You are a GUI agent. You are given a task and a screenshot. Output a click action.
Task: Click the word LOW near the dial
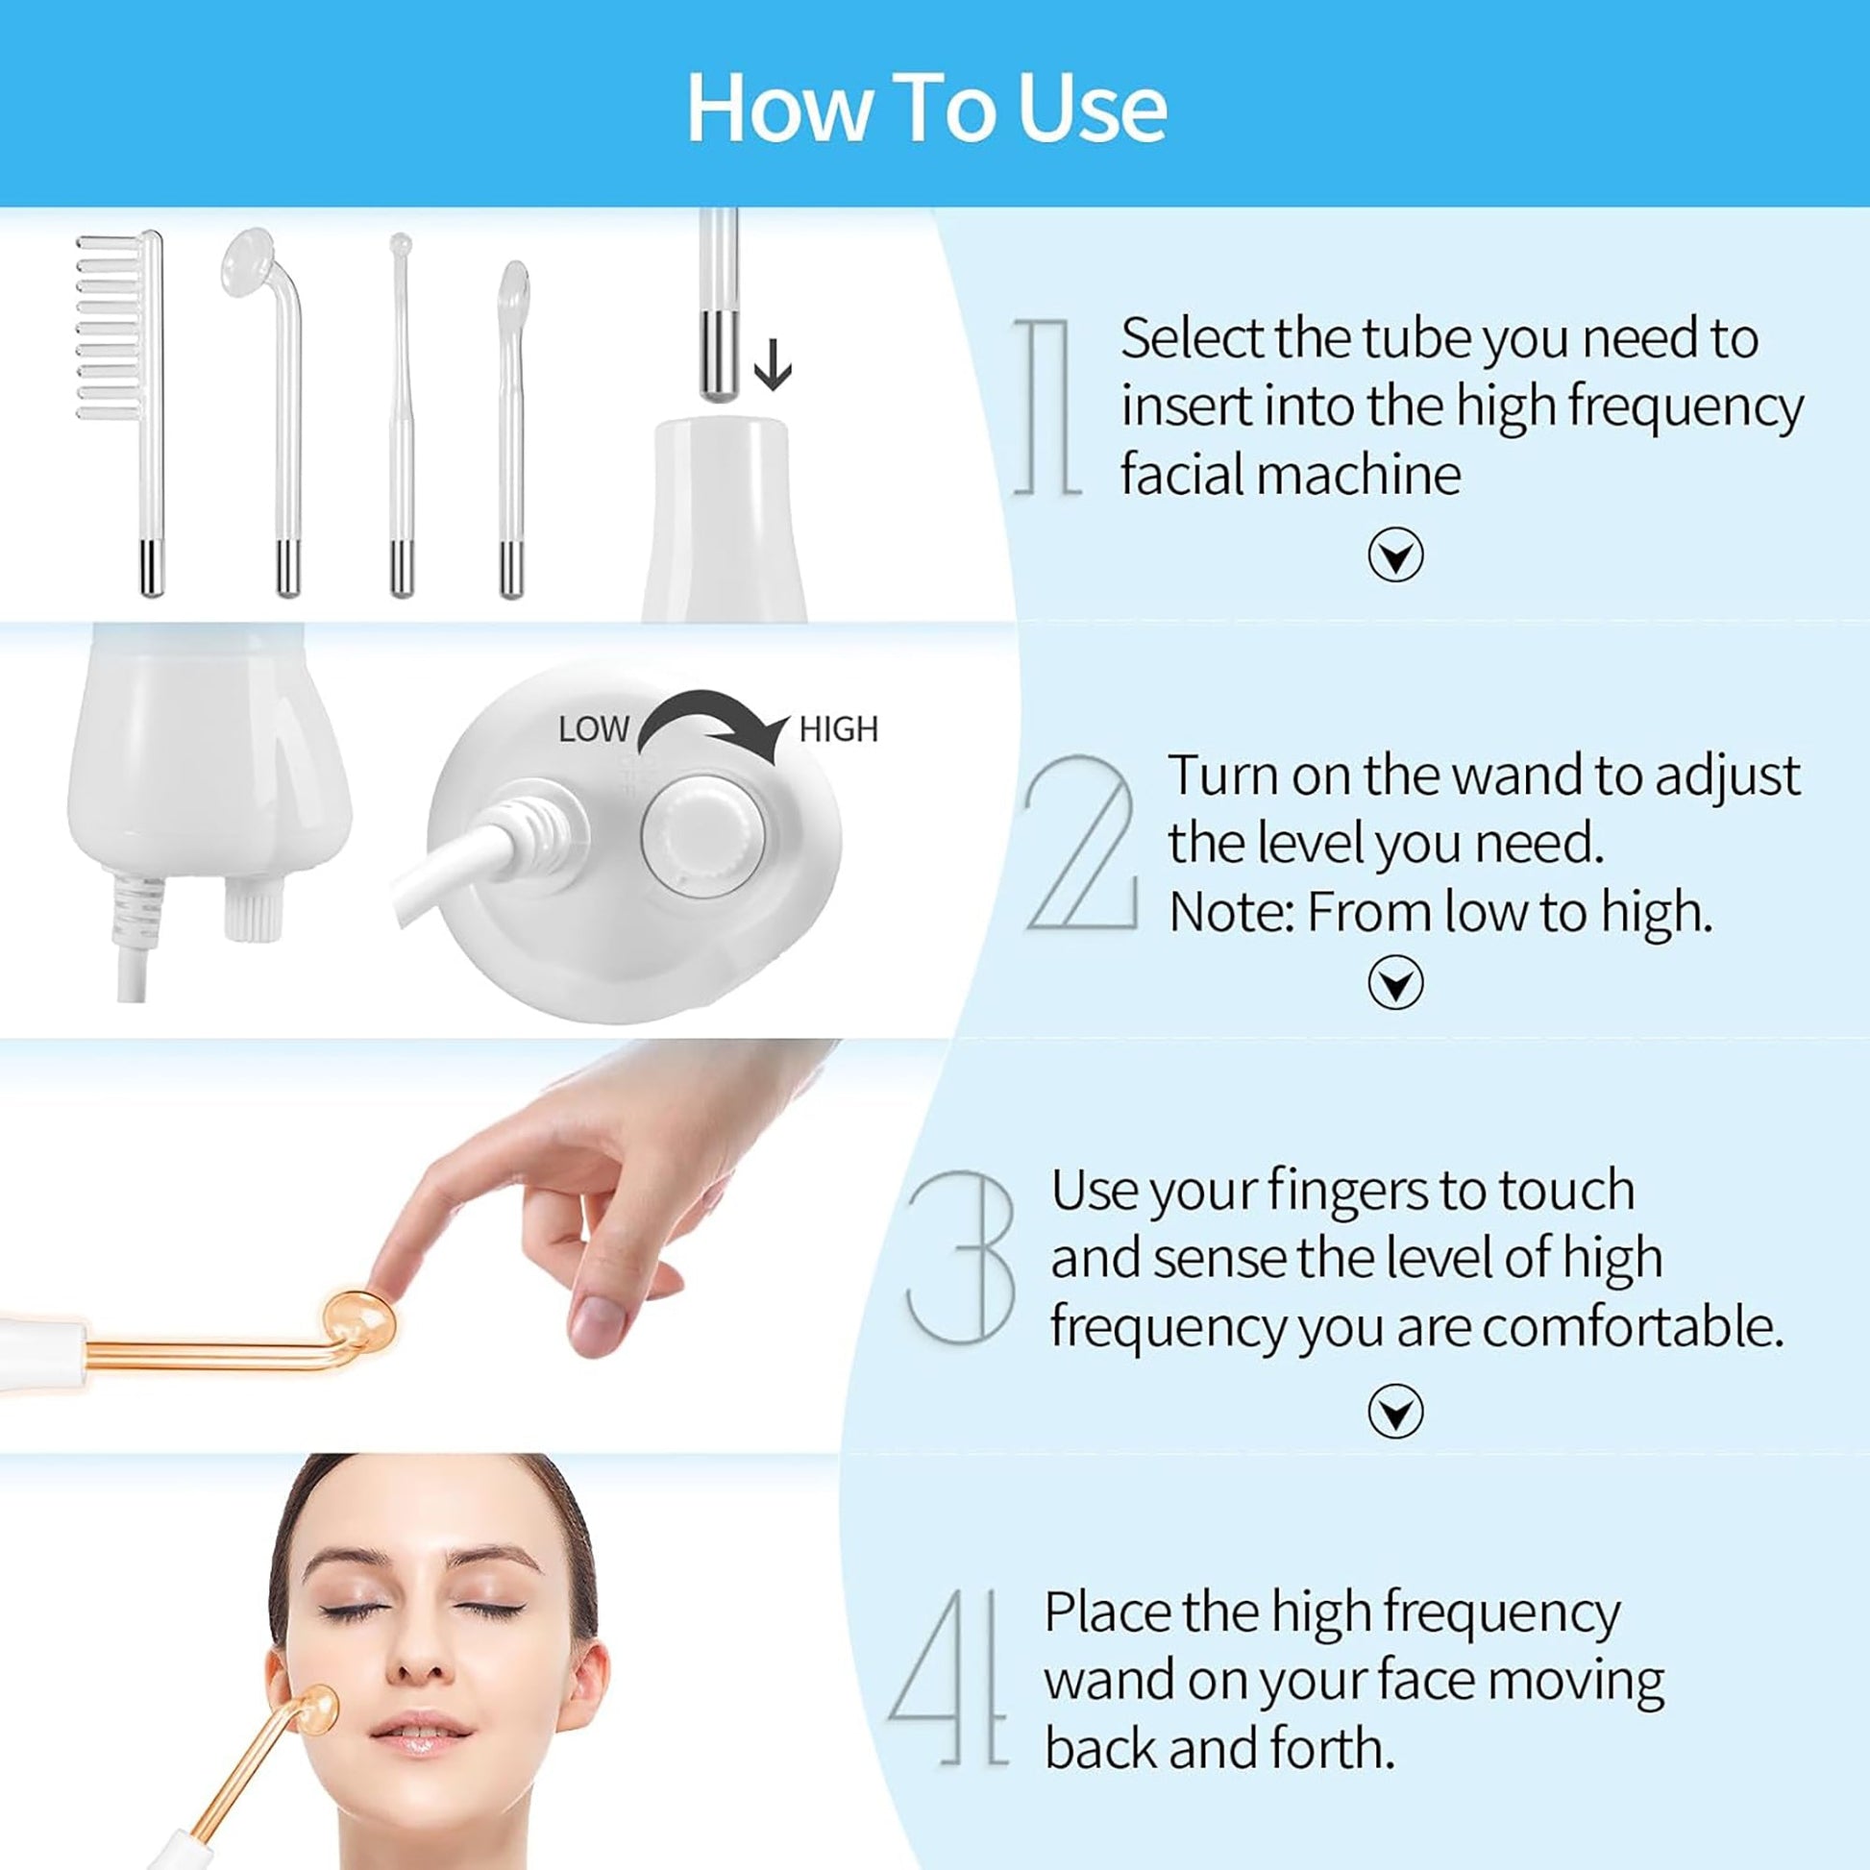point(592,729)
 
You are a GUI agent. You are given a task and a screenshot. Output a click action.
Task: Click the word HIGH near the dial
point(838,729)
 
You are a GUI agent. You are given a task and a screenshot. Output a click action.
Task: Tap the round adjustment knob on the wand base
point(703,837)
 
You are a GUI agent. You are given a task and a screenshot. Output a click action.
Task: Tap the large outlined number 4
point(948,1680)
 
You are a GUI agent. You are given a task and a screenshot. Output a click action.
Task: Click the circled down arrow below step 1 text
point(1394,554)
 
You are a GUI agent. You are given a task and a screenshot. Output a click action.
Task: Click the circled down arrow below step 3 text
point(1394,1412)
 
